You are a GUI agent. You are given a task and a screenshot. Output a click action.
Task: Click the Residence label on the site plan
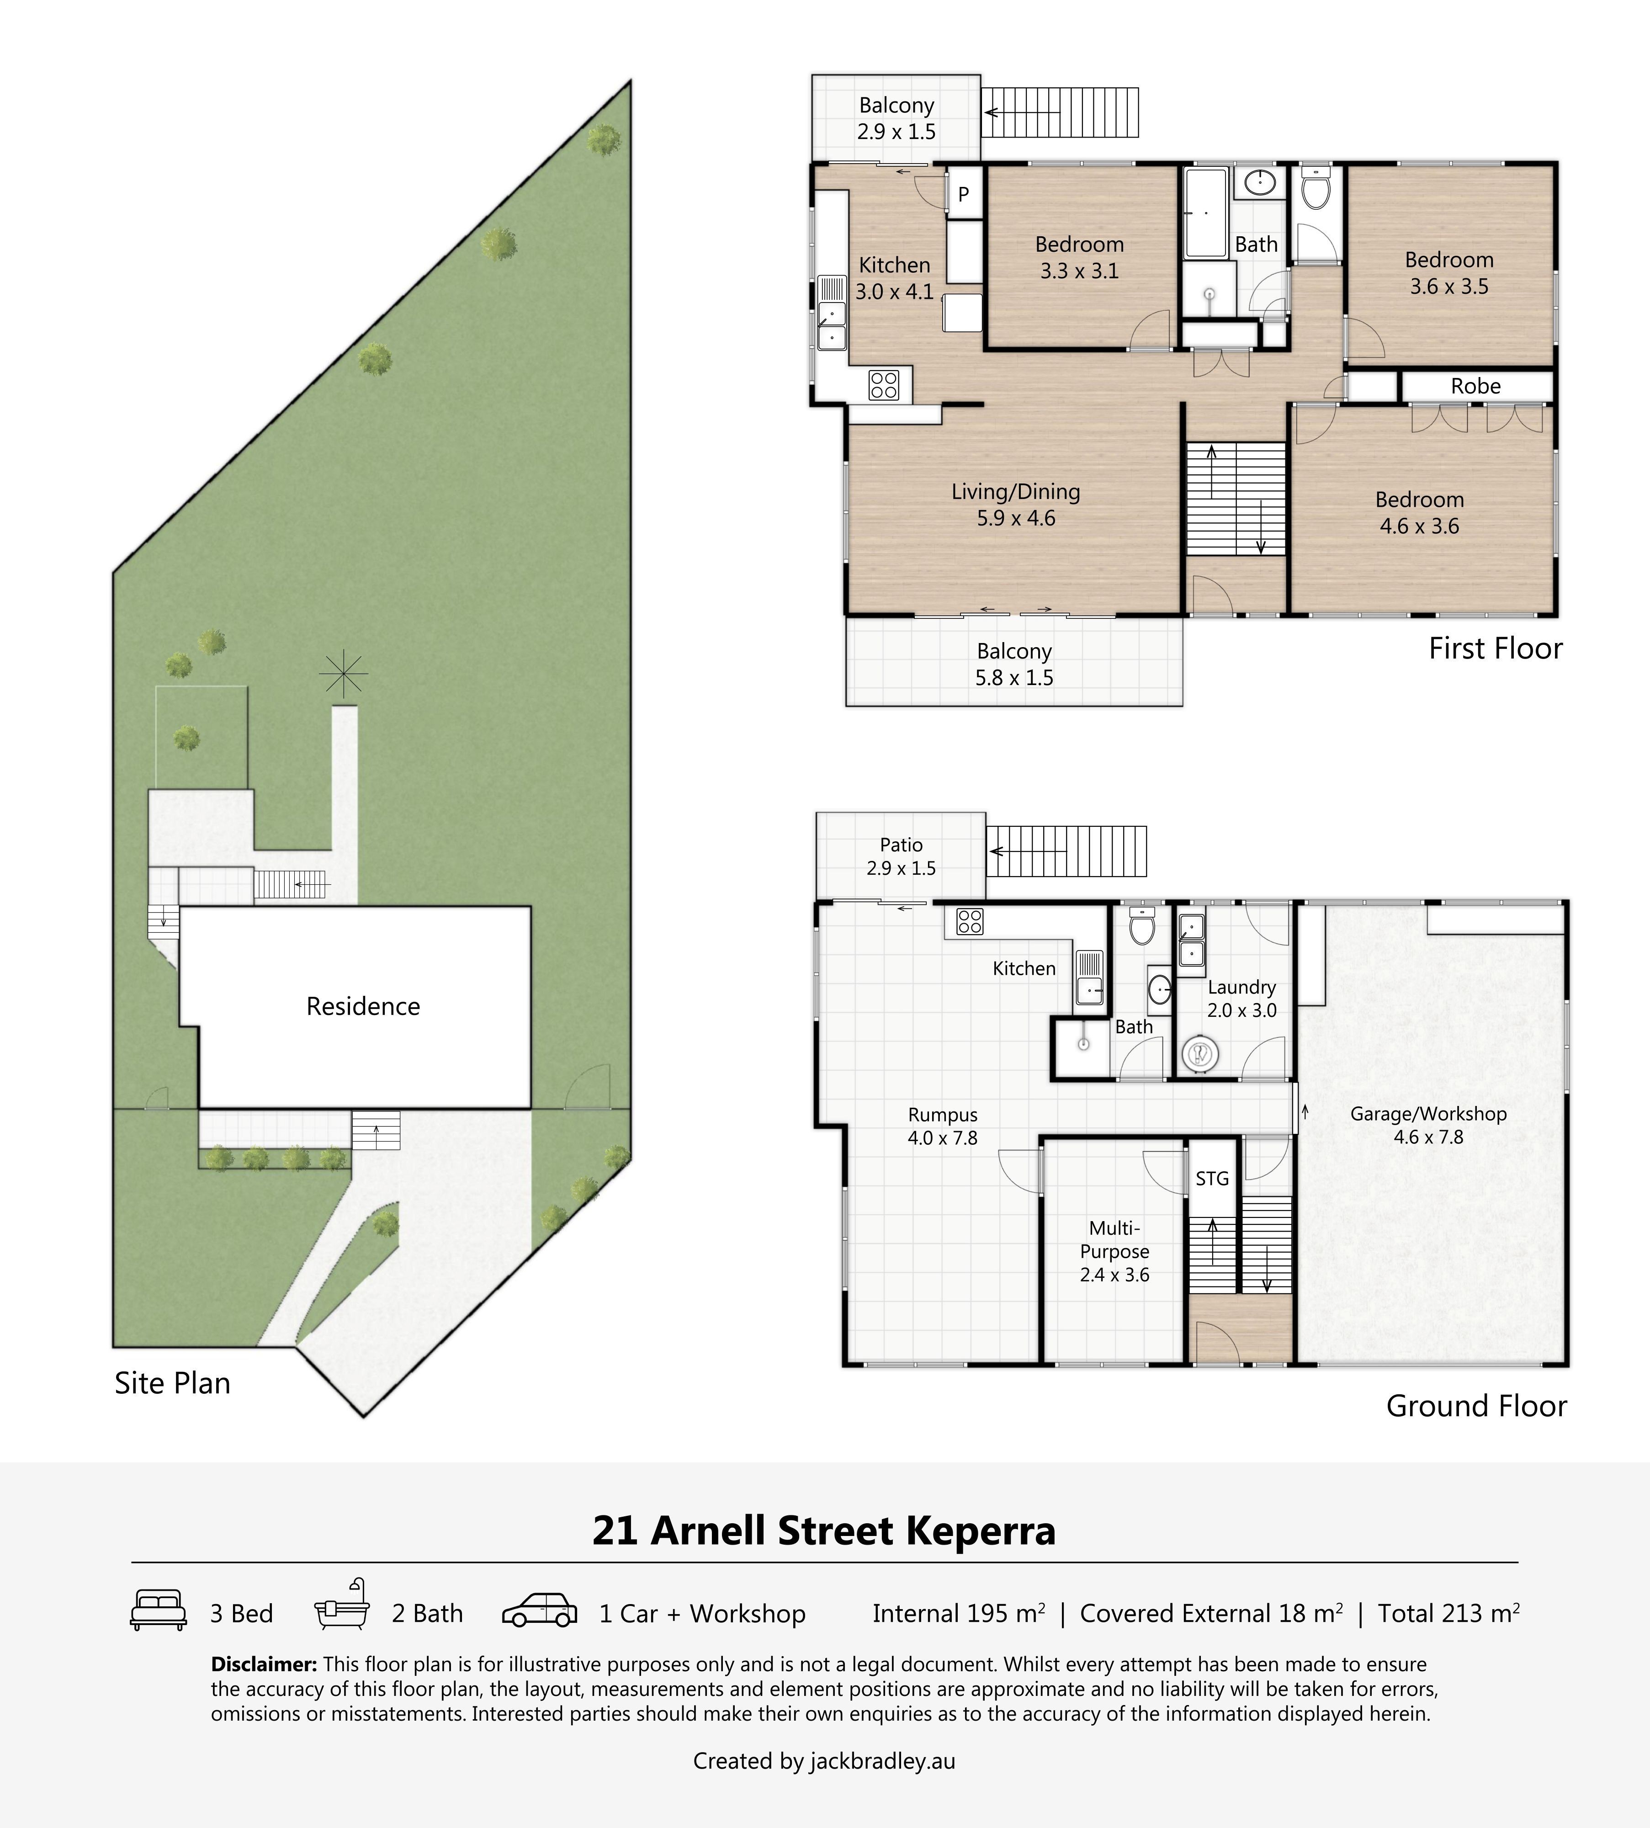[363, 1006]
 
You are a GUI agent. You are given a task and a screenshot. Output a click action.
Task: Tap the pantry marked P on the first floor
[964, 193]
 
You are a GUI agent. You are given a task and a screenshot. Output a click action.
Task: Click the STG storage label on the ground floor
[1212, 1179]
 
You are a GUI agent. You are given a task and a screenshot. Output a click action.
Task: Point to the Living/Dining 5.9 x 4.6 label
[1015, 505]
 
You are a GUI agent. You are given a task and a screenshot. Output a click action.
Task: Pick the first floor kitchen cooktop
[883, 385]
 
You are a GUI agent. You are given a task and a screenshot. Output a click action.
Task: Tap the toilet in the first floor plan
[1316, 189]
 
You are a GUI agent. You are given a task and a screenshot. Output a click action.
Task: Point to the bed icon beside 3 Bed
[159, 1610]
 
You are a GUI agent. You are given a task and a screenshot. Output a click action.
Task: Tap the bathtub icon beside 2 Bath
[342, 1606]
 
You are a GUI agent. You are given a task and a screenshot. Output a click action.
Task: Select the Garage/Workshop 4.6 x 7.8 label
[1428, 1125]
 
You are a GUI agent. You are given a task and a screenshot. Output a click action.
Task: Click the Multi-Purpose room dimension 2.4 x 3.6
[1114, 1275]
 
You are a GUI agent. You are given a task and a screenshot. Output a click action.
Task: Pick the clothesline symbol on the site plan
[344, 675]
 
